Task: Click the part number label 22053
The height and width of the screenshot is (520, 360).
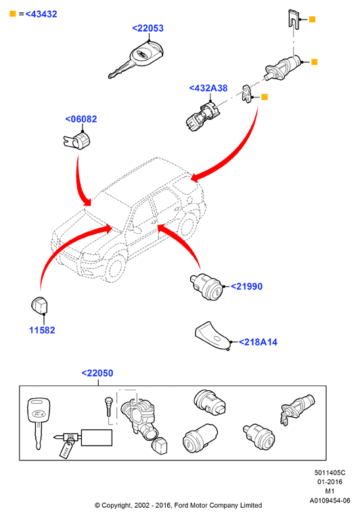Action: point(148,28)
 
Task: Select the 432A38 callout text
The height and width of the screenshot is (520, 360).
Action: point(208,88)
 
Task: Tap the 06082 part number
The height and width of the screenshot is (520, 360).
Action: point(81,119)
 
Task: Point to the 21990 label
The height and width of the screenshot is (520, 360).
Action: point(246,286)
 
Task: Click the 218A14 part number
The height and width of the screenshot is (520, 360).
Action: point(258,342)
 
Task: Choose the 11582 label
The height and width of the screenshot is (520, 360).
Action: point(42,330)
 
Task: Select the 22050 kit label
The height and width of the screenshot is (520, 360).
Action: point(97,373)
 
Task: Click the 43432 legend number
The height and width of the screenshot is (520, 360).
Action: point(41,14)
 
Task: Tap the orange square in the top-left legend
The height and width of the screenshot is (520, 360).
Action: point(13,14)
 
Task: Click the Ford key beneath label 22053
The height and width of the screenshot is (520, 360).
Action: point(136,60)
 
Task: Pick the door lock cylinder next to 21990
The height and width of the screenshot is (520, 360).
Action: point(206,287)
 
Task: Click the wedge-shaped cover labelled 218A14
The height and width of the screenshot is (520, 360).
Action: point(212,335)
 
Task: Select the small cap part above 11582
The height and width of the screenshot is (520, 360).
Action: point(39,305)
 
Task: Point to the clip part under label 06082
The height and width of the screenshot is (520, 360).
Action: point(76,140)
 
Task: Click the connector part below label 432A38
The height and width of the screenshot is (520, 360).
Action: point(202,117)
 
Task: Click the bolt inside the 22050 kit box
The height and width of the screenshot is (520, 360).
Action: point(108,406)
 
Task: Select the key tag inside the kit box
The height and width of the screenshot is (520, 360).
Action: point(66,450)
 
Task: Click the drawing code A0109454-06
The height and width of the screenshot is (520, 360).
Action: point(330,500)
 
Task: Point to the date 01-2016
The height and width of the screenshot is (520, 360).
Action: point(330,482)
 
